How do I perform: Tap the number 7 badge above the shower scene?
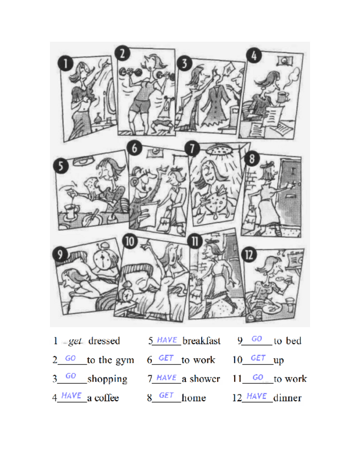(x=192, y=149)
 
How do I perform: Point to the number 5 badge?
(x=60, y=167)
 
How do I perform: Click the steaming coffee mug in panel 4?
(x=283, y=97)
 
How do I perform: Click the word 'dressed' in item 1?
(x=104, y=341)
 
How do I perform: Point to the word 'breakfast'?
(x=201, y=341)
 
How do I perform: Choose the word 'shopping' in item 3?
(x=107, y=379)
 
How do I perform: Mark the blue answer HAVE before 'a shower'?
(x=166, y=378)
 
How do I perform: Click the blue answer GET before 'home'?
(x=166, y=396)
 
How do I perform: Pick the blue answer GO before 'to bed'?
(x=257, y=339)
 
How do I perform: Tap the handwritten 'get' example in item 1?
(x=75, y=341)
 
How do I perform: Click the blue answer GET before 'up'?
(x=258, y=358)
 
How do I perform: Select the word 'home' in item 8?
(x=193, y=398)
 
